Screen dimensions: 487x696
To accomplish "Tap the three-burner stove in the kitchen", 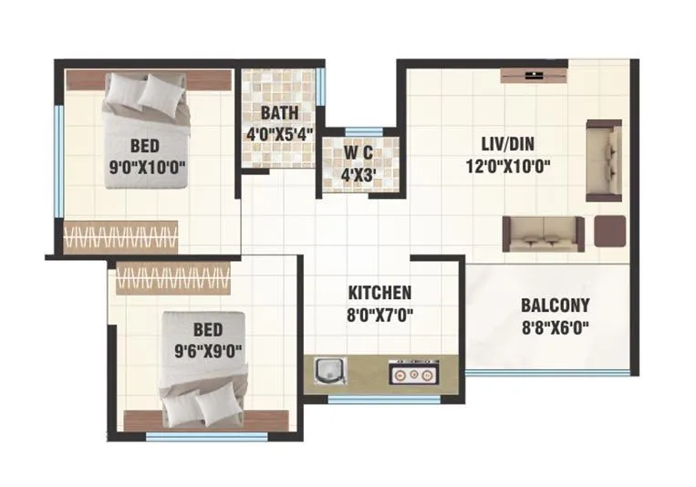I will [413, 372].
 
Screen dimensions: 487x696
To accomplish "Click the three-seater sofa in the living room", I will [542, 233].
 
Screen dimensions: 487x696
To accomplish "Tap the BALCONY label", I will [555, 306].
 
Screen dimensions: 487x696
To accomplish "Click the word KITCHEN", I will [379, 293].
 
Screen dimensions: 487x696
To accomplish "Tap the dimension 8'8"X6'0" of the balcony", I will [555, 328].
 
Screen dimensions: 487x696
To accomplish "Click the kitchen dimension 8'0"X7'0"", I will [379, 316].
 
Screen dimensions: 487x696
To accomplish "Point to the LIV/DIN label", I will [508, 143].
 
